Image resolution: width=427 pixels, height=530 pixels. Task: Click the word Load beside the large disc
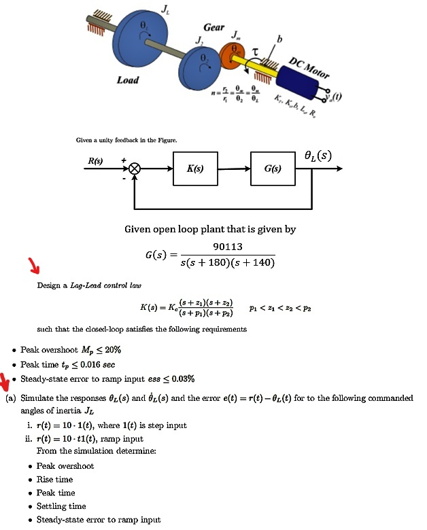pyautogui.click(x=128, y=80)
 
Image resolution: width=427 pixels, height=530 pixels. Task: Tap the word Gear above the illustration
pyautogui.click(x=214, y=27)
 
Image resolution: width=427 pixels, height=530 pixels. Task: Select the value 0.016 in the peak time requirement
pyautogui.click(x=83, y=365)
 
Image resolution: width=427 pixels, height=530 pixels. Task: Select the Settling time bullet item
pyautogui.click(x=61, y=506)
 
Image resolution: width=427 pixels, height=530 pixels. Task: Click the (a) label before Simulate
pyautogui.click(x=10, y=397)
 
